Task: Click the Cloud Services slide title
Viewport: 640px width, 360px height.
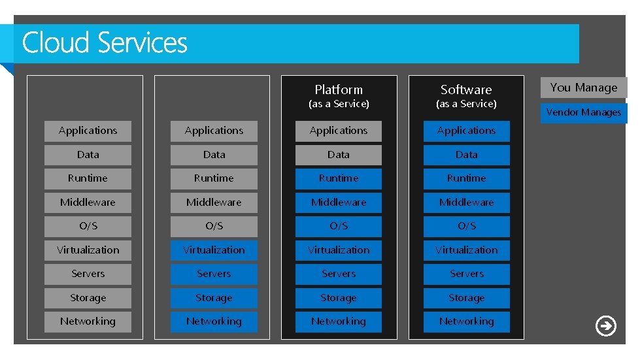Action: coord(105,43)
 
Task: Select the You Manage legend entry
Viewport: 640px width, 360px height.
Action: coord(583,88)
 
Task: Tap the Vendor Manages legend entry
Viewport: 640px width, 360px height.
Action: coord(583,112)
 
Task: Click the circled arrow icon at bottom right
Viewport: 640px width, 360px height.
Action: coord(606,325)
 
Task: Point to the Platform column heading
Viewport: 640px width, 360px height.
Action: coord(339,90)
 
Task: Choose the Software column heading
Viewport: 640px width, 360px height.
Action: coord(466,90)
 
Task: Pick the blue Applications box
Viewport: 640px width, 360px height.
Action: coord(466,131)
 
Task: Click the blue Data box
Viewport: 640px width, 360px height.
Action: coord(466,155)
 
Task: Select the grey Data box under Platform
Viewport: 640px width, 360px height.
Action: coord(339,155)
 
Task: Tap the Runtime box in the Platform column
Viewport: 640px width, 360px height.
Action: coord(339,178)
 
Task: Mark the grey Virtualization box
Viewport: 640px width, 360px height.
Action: coord(88,250)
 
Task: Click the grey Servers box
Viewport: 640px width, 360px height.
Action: coord(88,274)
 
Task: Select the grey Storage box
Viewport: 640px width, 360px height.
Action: coord(88,298)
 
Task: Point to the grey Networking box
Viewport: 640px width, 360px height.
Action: coord(88,321)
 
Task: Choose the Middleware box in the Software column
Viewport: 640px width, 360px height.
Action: coord(466,203)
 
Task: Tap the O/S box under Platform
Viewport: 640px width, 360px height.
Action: coord(339,226)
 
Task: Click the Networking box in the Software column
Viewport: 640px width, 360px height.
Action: coord(466,321)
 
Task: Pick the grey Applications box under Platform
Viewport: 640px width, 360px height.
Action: coord(339,131)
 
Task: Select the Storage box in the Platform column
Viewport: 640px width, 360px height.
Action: coord(339,298)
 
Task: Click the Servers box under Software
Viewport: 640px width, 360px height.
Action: coord(466,274)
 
